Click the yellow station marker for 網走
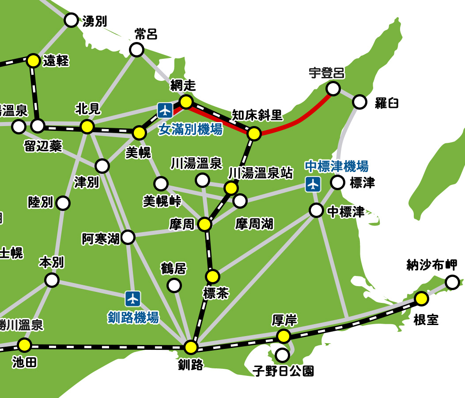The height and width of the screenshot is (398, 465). [186, 102]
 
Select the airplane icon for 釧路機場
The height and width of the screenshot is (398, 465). [132, 298]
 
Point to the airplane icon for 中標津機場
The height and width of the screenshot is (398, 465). [313, 184]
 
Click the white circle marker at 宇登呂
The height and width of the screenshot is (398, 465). [333, 88]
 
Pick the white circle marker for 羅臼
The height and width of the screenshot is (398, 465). [360, 102]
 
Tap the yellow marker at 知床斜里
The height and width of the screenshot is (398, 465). [254, 133]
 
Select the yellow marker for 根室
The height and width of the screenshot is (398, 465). [421, 299]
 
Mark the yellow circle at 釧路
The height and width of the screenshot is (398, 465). [191, 347]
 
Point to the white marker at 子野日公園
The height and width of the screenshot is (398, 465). [282, 355]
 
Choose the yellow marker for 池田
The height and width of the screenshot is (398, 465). [25, 344]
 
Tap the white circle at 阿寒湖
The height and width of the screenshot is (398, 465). [128, 237]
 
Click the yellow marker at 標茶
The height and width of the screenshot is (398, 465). [212, 277]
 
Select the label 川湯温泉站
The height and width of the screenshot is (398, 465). [261, 173]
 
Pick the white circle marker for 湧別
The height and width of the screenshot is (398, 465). [71, 20]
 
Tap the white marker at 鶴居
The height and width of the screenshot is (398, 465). [174, 285]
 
